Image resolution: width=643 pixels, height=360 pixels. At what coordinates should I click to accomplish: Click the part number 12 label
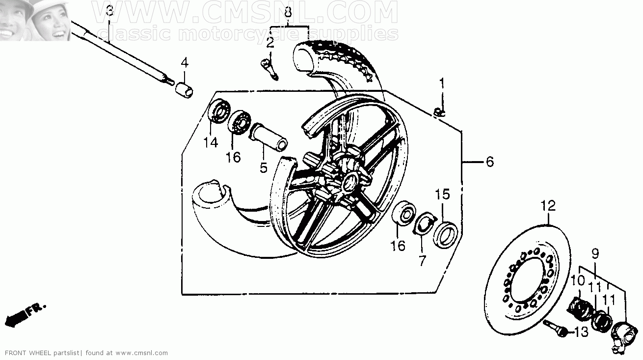pos(548,206)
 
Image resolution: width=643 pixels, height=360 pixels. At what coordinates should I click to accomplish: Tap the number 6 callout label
pos(490,162)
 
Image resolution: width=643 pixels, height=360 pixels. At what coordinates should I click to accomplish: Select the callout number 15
pos(442,194)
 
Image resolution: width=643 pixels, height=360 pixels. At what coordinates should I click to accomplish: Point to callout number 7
pos(422,261)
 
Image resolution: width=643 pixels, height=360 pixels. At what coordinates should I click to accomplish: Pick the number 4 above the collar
pos(184,63)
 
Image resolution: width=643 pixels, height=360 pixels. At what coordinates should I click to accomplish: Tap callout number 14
pos(211,142)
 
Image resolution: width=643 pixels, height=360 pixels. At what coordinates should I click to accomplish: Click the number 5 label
pos(264,168)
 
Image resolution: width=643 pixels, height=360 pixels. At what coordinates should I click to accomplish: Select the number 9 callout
pos(595,254)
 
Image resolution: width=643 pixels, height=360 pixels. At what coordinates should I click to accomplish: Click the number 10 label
pos(577,281)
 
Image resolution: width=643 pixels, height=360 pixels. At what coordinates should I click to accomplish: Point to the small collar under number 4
pos(184,90)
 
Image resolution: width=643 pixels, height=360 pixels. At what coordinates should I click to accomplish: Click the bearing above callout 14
pos(219,111)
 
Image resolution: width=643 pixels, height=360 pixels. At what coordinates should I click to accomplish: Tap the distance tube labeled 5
pos(268,137)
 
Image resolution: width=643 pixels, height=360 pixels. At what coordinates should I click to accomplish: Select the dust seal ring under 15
pos(445,235)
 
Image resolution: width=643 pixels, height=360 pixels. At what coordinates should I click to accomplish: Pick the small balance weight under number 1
pos(439,113)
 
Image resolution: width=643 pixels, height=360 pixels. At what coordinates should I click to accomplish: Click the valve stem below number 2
pos(269,69)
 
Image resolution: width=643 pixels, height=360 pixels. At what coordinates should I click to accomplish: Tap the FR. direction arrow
pos(25,315)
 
